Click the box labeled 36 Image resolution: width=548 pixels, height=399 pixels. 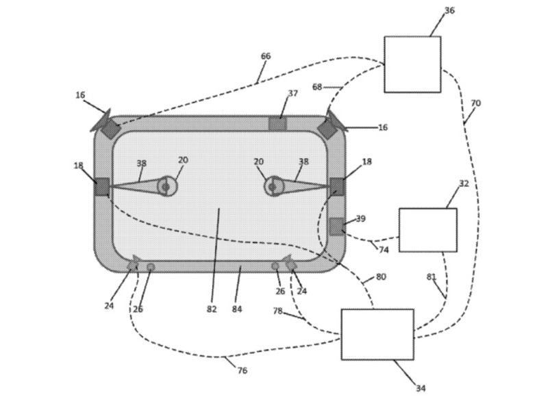412,64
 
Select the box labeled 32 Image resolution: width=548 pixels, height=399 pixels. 427,230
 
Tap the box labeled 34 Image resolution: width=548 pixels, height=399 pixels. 377,334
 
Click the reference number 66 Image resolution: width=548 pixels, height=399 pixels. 266,56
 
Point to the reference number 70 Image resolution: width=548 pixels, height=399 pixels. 475,103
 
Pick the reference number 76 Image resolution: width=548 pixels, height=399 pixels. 242,370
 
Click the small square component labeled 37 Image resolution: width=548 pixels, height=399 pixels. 277,124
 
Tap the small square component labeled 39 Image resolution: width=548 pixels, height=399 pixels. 336,226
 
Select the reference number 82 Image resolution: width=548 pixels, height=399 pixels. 212,309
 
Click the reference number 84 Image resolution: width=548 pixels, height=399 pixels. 237,309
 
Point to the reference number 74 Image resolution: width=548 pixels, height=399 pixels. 384,250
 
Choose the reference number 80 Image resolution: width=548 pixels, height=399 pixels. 381,277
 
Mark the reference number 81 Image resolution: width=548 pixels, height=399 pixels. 431,277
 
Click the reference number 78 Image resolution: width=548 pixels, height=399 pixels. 277,310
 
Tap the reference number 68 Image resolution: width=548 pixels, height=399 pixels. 316,87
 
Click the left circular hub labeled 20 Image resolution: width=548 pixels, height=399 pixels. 166,186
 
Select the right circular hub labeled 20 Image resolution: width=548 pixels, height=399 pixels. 272,186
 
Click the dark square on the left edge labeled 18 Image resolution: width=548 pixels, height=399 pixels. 102,186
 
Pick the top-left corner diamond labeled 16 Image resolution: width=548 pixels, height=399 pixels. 110,128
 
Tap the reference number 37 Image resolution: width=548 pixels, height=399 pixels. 292,93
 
